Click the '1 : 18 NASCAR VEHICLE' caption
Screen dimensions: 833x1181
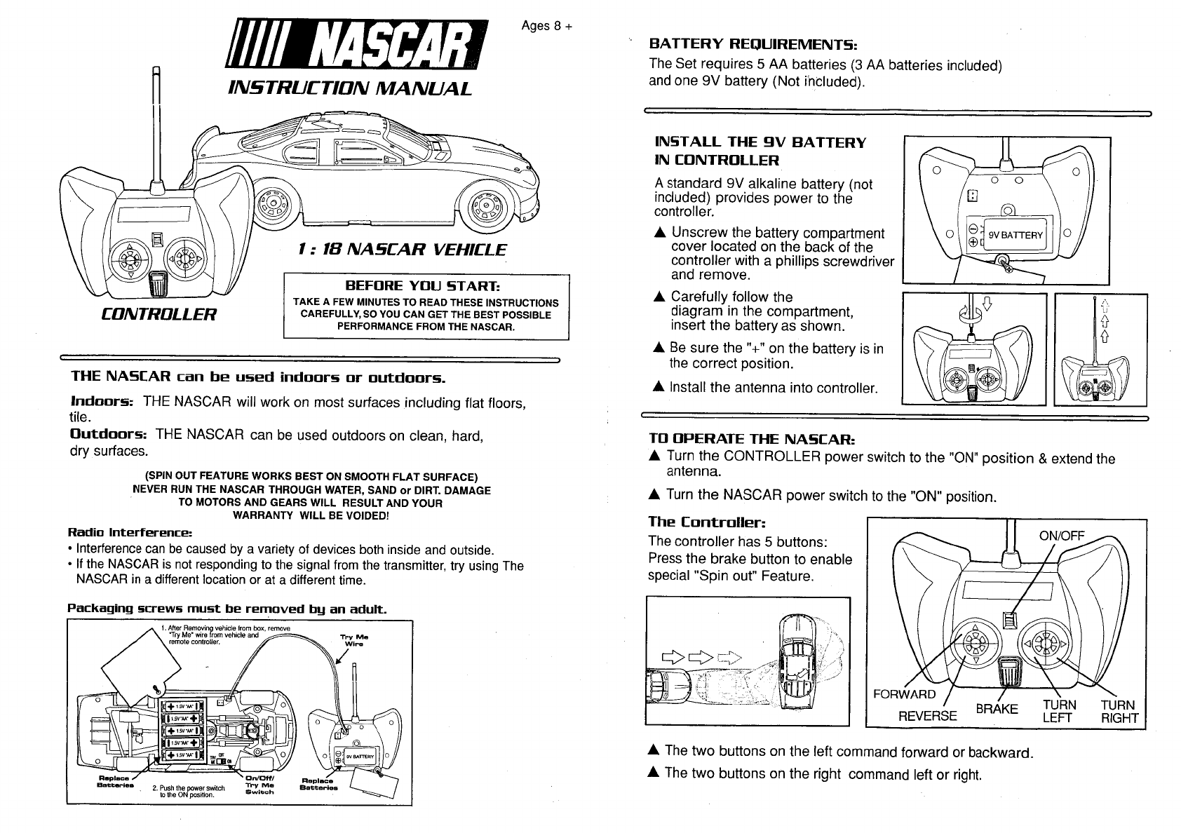(x=401, y=250)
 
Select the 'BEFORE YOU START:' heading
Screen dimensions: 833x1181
(x=426, y=286)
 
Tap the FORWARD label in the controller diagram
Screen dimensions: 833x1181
(x=905, y=694)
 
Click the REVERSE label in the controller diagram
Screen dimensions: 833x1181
(x=927, y=715)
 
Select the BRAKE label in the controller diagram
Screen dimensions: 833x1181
(x=996, y=709)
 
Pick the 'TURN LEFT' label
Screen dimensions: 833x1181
(x=1058, y=711)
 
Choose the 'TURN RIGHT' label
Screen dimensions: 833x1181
(x=1119, y=711)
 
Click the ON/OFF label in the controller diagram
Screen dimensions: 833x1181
(x=1061, y=536)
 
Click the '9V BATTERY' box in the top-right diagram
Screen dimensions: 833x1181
(x=1015, y=235)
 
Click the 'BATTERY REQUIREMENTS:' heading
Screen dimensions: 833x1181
(x=754, y=44)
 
